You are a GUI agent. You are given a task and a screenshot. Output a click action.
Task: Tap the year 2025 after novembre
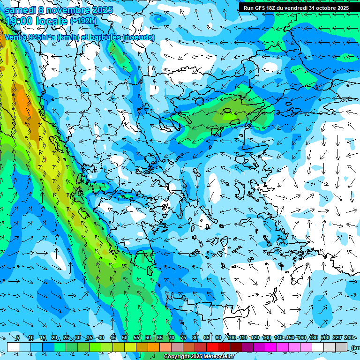point(93,10)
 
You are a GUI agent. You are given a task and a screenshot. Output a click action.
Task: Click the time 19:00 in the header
point(22,21)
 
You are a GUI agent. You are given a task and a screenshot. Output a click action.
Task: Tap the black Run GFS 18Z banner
point(295,7)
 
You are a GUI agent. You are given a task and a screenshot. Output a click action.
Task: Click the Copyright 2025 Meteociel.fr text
point(199,357)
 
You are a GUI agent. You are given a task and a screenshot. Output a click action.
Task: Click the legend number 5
point(18,337)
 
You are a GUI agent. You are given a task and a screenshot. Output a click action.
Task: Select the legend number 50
point(125,337)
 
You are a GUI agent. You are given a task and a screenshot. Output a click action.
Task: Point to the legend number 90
point(218,337)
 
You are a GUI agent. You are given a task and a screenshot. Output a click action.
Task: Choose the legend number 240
point(349,337)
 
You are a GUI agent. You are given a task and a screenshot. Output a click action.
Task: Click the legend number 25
point(66,337)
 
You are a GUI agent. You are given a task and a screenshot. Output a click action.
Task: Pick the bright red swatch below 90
point(212,347)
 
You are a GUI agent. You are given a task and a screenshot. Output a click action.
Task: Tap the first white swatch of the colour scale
point(13,347)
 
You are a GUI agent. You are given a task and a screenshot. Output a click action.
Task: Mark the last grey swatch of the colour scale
point(341,347)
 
